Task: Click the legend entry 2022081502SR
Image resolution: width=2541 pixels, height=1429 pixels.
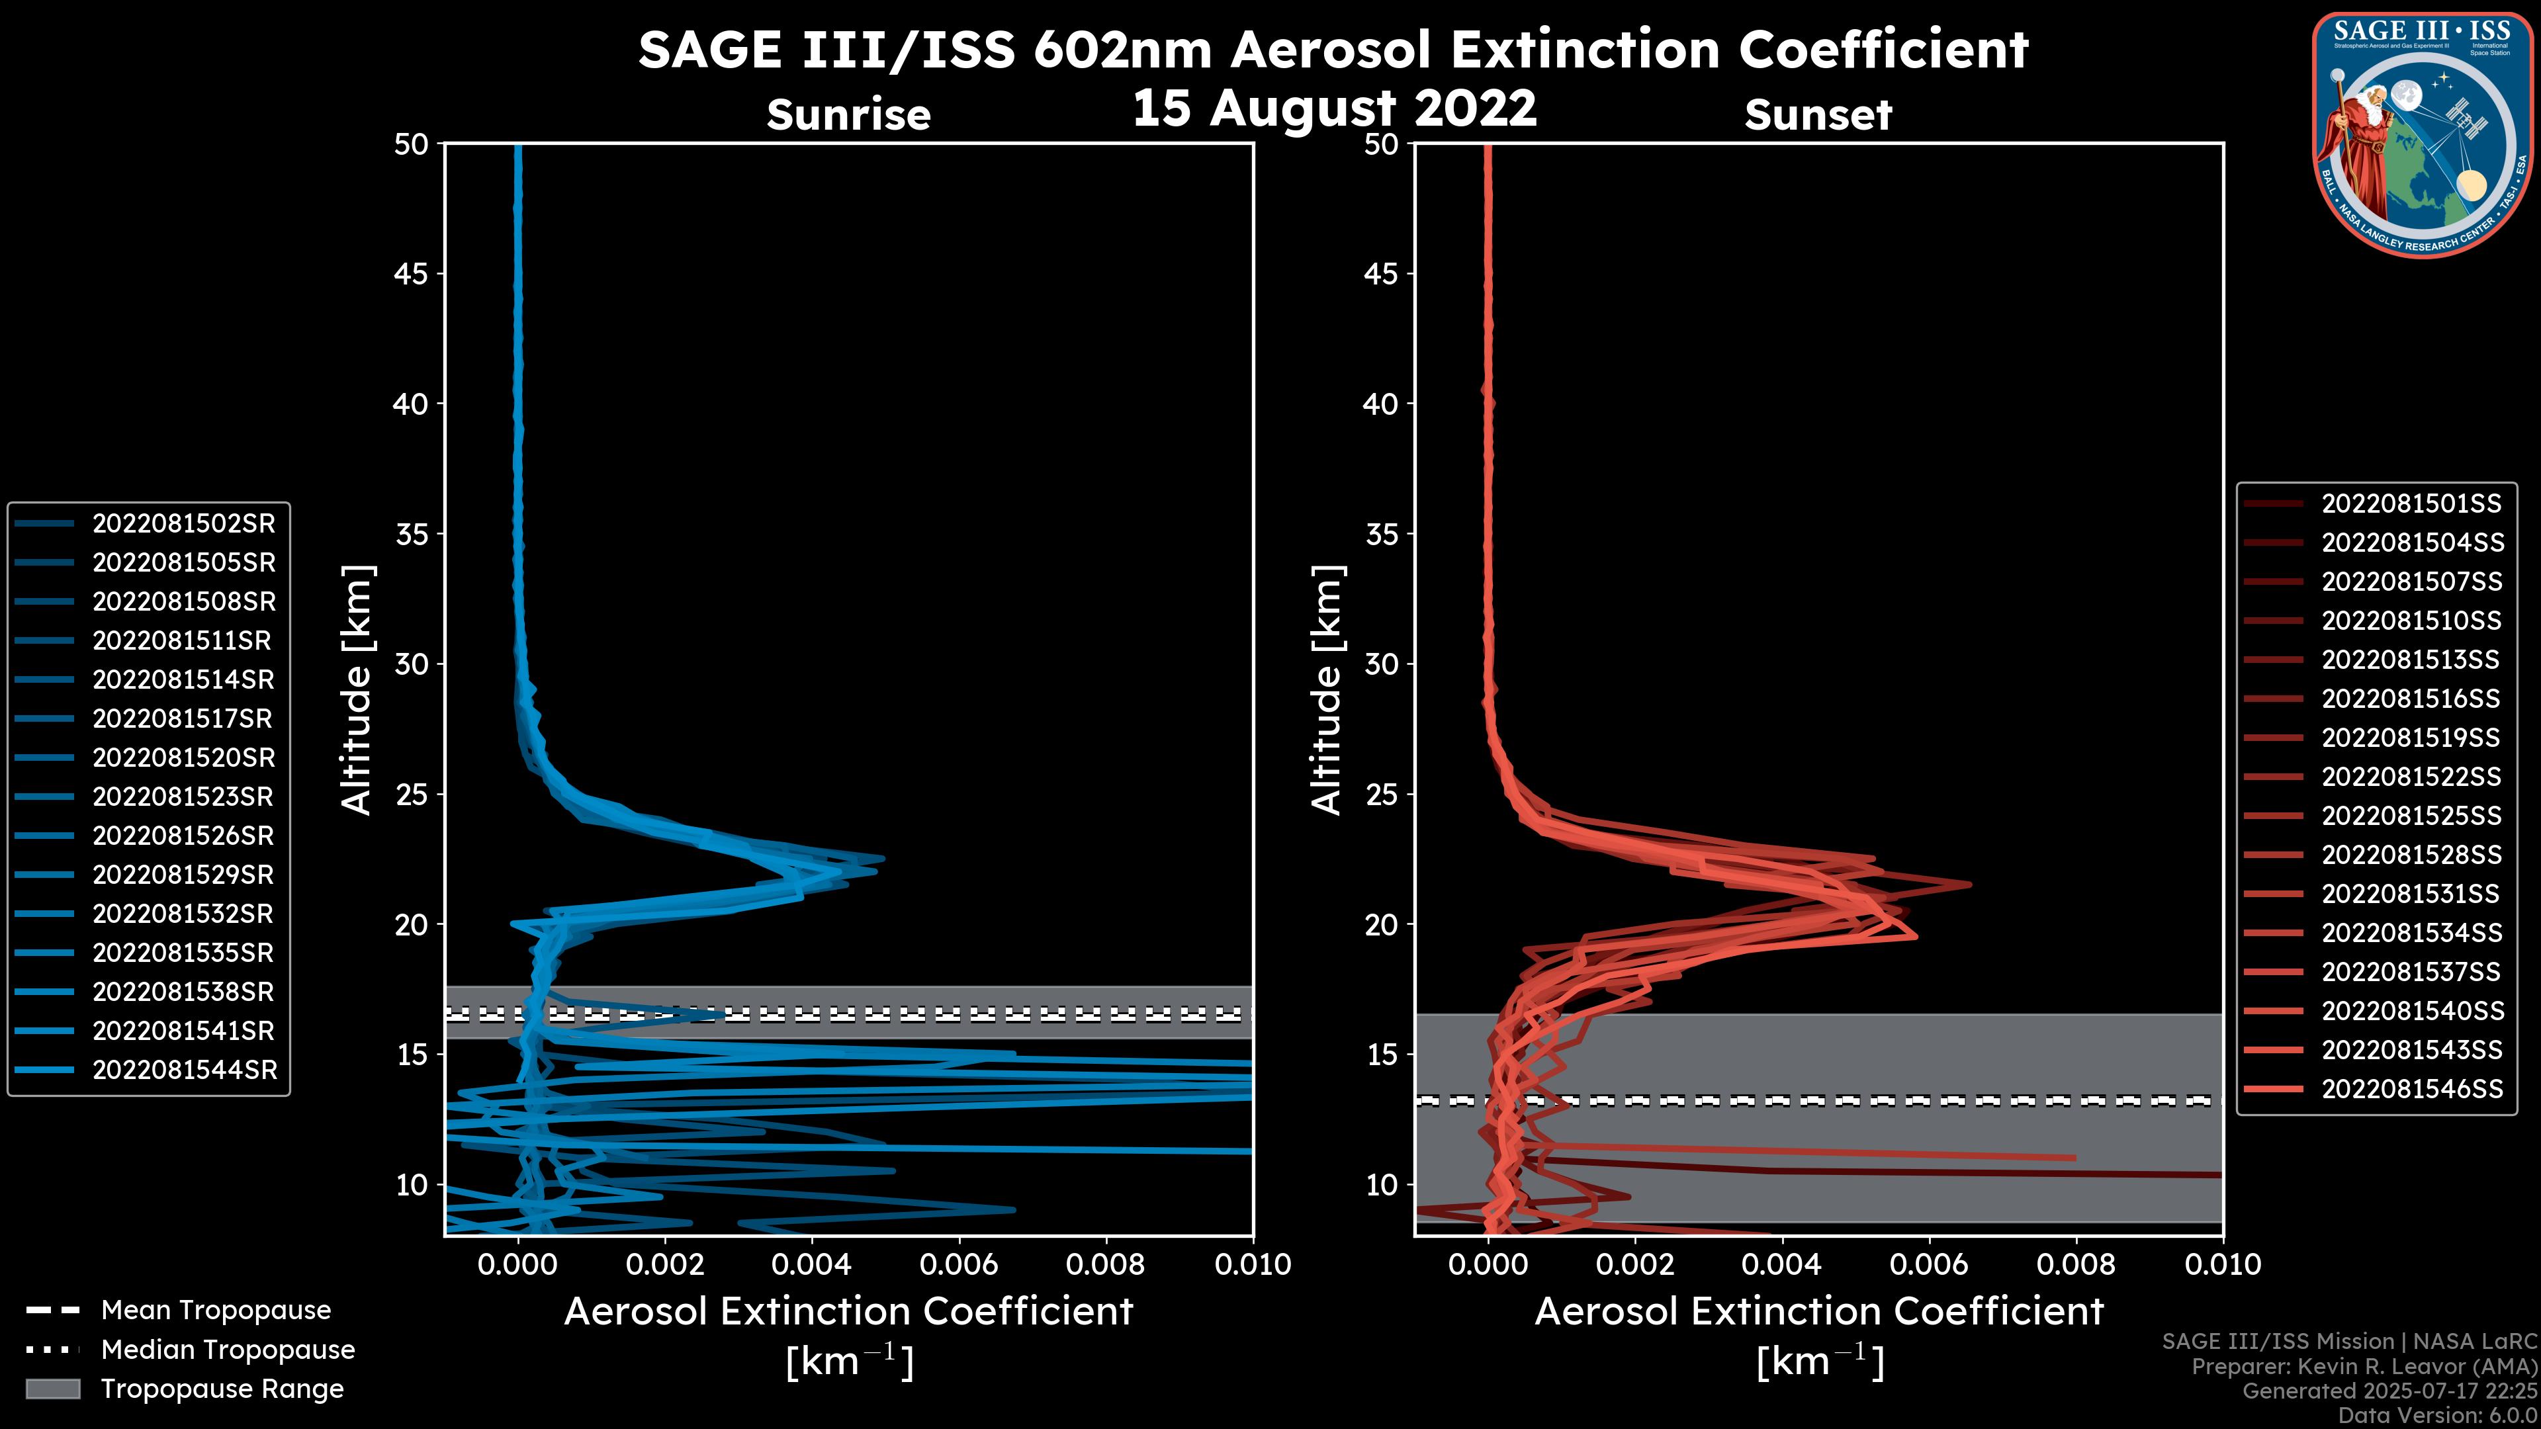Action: tap(183, 524)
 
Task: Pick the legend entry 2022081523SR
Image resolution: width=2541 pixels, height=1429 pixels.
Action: tap(183, 797)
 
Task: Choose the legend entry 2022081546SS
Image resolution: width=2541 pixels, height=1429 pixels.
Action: tap(2412, 1089)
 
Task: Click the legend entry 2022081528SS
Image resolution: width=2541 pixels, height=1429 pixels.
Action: tap(2412, 855)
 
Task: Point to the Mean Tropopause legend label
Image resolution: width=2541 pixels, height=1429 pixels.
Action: tap(216, 1311)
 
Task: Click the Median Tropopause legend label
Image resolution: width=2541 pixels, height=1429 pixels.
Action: tap(228, 1350)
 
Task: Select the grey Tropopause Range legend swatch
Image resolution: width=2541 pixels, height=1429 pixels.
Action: tap(52, 1389)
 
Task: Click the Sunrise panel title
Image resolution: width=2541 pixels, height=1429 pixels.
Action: tap(848, 114)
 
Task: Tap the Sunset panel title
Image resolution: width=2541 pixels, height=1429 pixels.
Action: tap(1818, 114)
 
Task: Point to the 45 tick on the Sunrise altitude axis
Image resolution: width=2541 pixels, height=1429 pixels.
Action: tap(412, 273)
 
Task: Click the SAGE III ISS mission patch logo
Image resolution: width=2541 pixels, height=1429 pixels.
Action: tap(2423, 134)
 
